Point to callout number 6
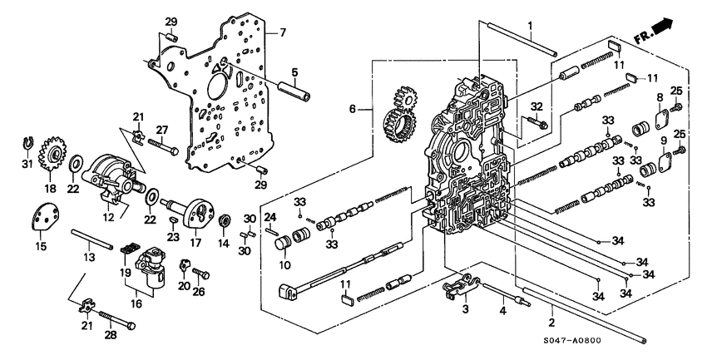click(352, 109)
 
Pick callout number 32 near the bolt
click(536, 106)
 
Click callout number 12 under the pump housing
click(107, 218)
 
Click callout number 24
click(270, 217)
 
